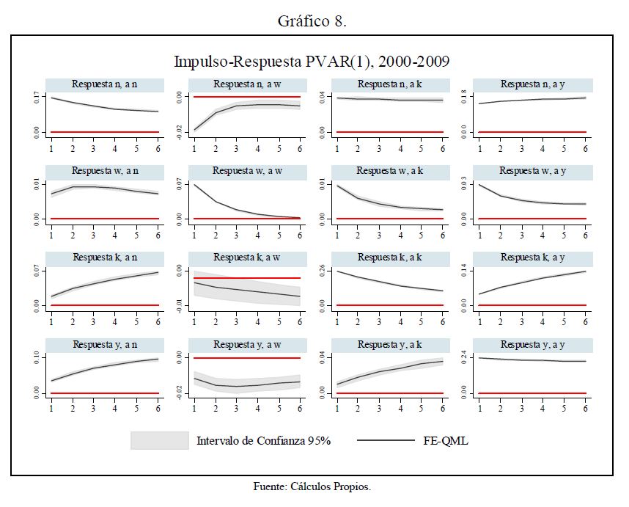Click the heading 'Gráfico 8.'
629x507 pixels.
[x=312, y=21]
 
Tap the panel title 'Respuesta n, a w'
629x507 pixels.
[x=243, y=84]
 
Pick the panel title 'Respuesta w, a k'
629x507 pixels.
[x=386, y=171]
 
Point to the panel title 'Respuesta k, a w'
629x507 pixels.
[x=243, y=258]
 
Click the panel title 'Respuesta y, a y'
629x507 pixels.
[x=529, y=344]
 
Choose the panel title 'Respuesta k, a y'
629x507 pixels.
[x=529, y=258]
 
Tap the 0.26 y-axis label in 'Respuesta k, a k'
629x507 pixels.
[x=322, y=271]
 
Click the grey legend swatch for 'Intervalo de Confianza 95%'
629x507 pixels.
[x=160, y=440]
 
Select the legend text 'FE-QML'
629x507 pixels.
[x=446, y=441]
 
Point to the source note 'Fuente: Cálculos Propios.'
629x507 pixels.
[x=312, y=486]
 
